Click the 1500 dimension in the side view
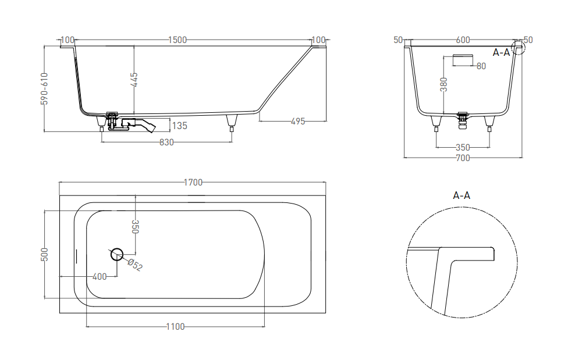pos(177,40)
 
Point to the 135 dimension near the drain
pos(180,126)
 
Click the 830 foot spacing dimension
pos(166,143)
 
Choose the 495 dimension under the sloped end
pos(297,122)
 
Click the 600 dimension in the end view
pos(463,40)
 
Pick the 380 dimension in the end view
pos(444,85)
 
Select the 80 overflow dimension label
pos(481,66)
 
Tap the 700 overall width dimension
pos(463,158)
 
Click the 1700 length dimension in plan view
pos(193,183)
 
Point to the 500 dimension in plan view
pos(45,255)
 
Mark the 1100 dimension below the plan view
pos(175,327)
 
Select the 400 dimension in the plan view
pos(100,277)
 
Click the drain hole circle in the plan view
pos(117,253)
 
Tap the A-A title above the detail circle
pos(461,195)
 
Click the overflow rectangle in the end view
pos(463,60)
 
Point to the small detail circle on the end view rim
pos(517,47)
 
